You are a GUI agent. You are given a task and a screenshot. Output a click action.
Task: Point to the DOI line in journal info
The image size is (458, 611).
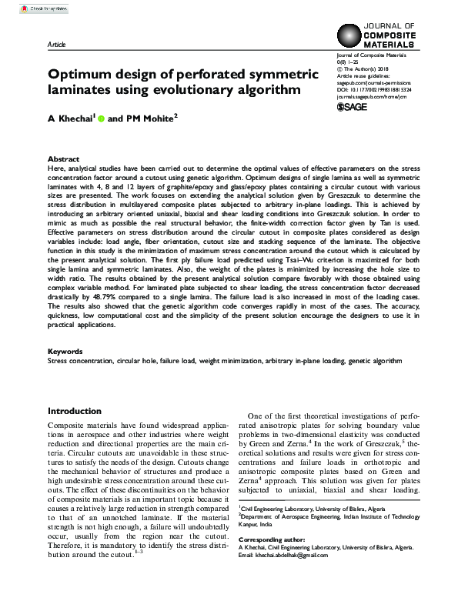[x=373, y=89]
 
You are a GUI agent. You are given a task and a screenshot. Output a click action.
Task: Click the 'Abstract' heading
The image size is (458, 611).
[x=63, y=157]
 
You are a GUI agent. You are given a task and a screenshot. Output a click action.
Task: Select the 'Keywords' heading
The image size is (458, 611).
[x=65, y=351]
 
